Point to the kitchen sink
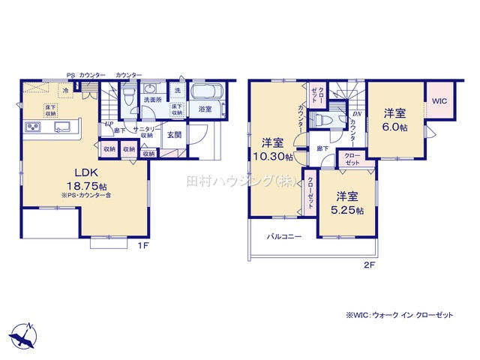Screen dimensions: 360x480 click(61, 125)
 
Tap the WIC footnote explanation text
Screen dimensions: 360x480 click(399, 316)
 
